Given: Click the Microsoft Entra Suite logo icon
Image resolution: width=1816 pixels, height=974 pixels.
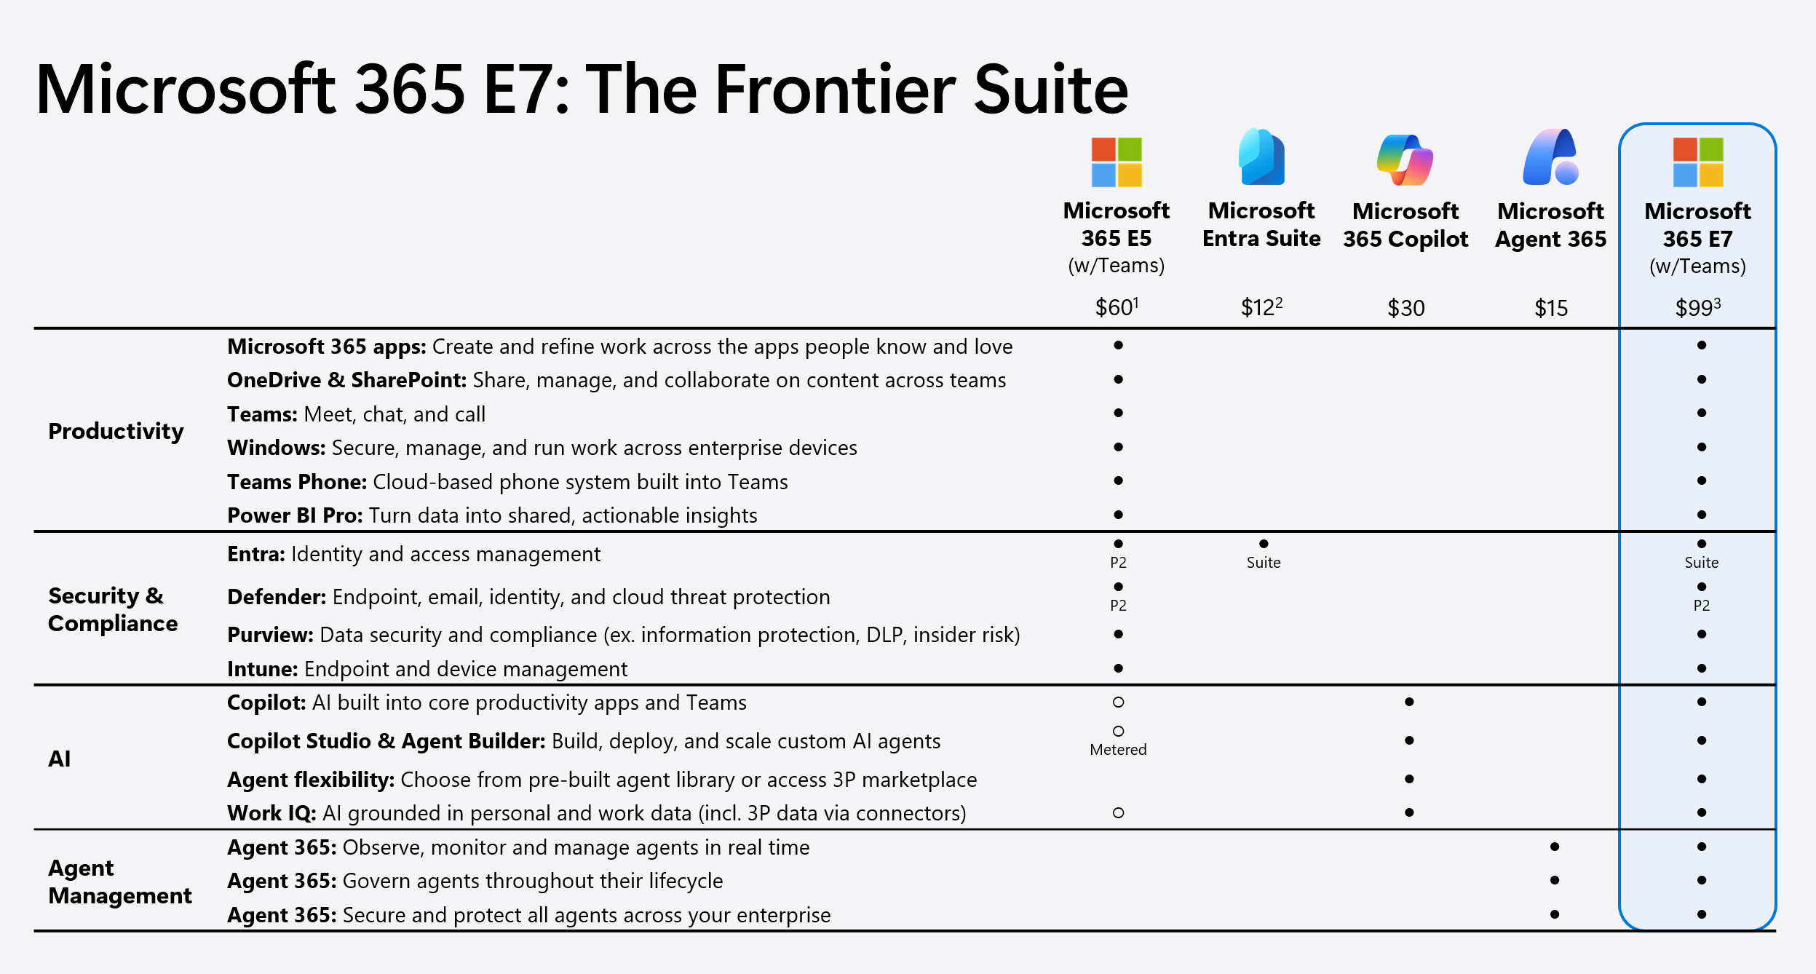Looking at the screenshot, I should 1261,157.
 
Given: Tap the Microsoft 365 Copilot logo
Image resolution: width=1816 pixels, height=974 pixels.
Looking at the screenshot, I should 1405,159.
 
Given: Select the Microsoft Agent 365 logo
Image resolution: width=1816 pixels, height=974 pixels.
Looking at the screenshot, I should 1550,157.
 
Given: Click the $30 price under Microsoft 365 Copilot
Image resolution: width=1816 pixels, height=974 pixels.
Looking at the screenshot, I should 1405,308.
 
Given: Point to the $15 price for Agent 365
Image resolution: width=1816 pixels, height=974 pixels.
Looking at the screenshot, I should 1551,308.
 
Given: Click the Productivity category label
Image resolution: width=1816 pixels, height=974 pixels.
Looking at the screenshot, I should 116,431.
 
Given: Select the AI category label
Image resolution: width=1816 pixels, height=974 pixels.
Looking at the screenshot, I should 60,759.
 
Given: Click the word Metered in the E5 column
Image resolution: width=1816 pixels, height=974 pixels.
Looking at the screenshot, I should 1118,750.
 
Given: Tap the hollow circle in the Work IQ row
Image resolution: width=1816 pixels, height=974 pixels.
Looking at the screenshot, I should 1118,812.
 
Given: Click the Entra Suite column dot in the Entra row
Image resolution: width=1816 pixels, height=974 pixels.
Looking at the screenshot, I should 1264,544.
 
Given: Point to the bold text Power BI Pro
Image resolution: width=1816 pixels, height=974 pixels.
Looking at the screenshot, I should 295,515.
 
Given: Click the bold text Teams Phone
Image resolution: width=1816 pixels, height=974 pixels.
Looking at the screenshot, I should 296,482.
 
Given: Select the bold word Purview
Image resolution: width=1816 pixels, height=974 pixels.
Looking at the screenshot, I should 270,635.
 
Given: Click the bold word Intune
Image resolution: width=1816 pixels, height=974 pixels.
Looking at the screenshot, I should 262,669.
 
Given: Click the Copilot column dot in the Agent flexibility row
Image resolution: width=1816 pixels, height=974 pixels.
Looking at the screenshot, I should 1409,779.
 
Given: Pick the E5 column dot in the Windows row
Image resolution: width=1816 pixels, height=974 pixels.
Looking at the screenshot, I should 1118,447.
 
